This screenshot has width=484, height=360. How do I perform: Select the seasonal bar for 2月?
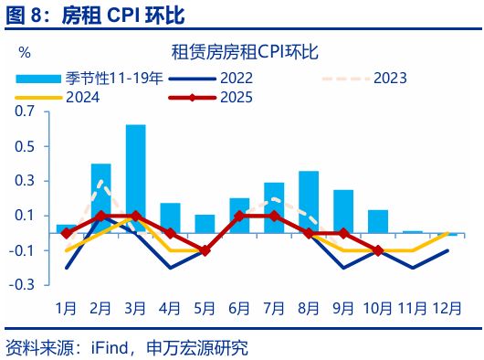coord(100,198)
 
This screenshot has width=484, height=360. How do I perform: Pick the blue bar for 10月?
coord(378,222)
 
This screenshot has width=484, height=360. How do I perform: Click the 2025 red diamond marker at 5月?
coord(205,250)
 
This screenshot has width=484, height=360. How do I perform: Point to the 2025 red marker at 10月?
coord(378,250)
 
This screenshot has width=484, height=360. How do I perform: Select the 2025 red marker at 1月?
coord(66,233)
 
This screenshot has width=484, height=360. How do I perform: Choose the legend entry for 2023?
coord(402,78)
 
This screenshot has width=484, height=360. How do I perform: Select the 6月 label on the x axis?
coord(239,307)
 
